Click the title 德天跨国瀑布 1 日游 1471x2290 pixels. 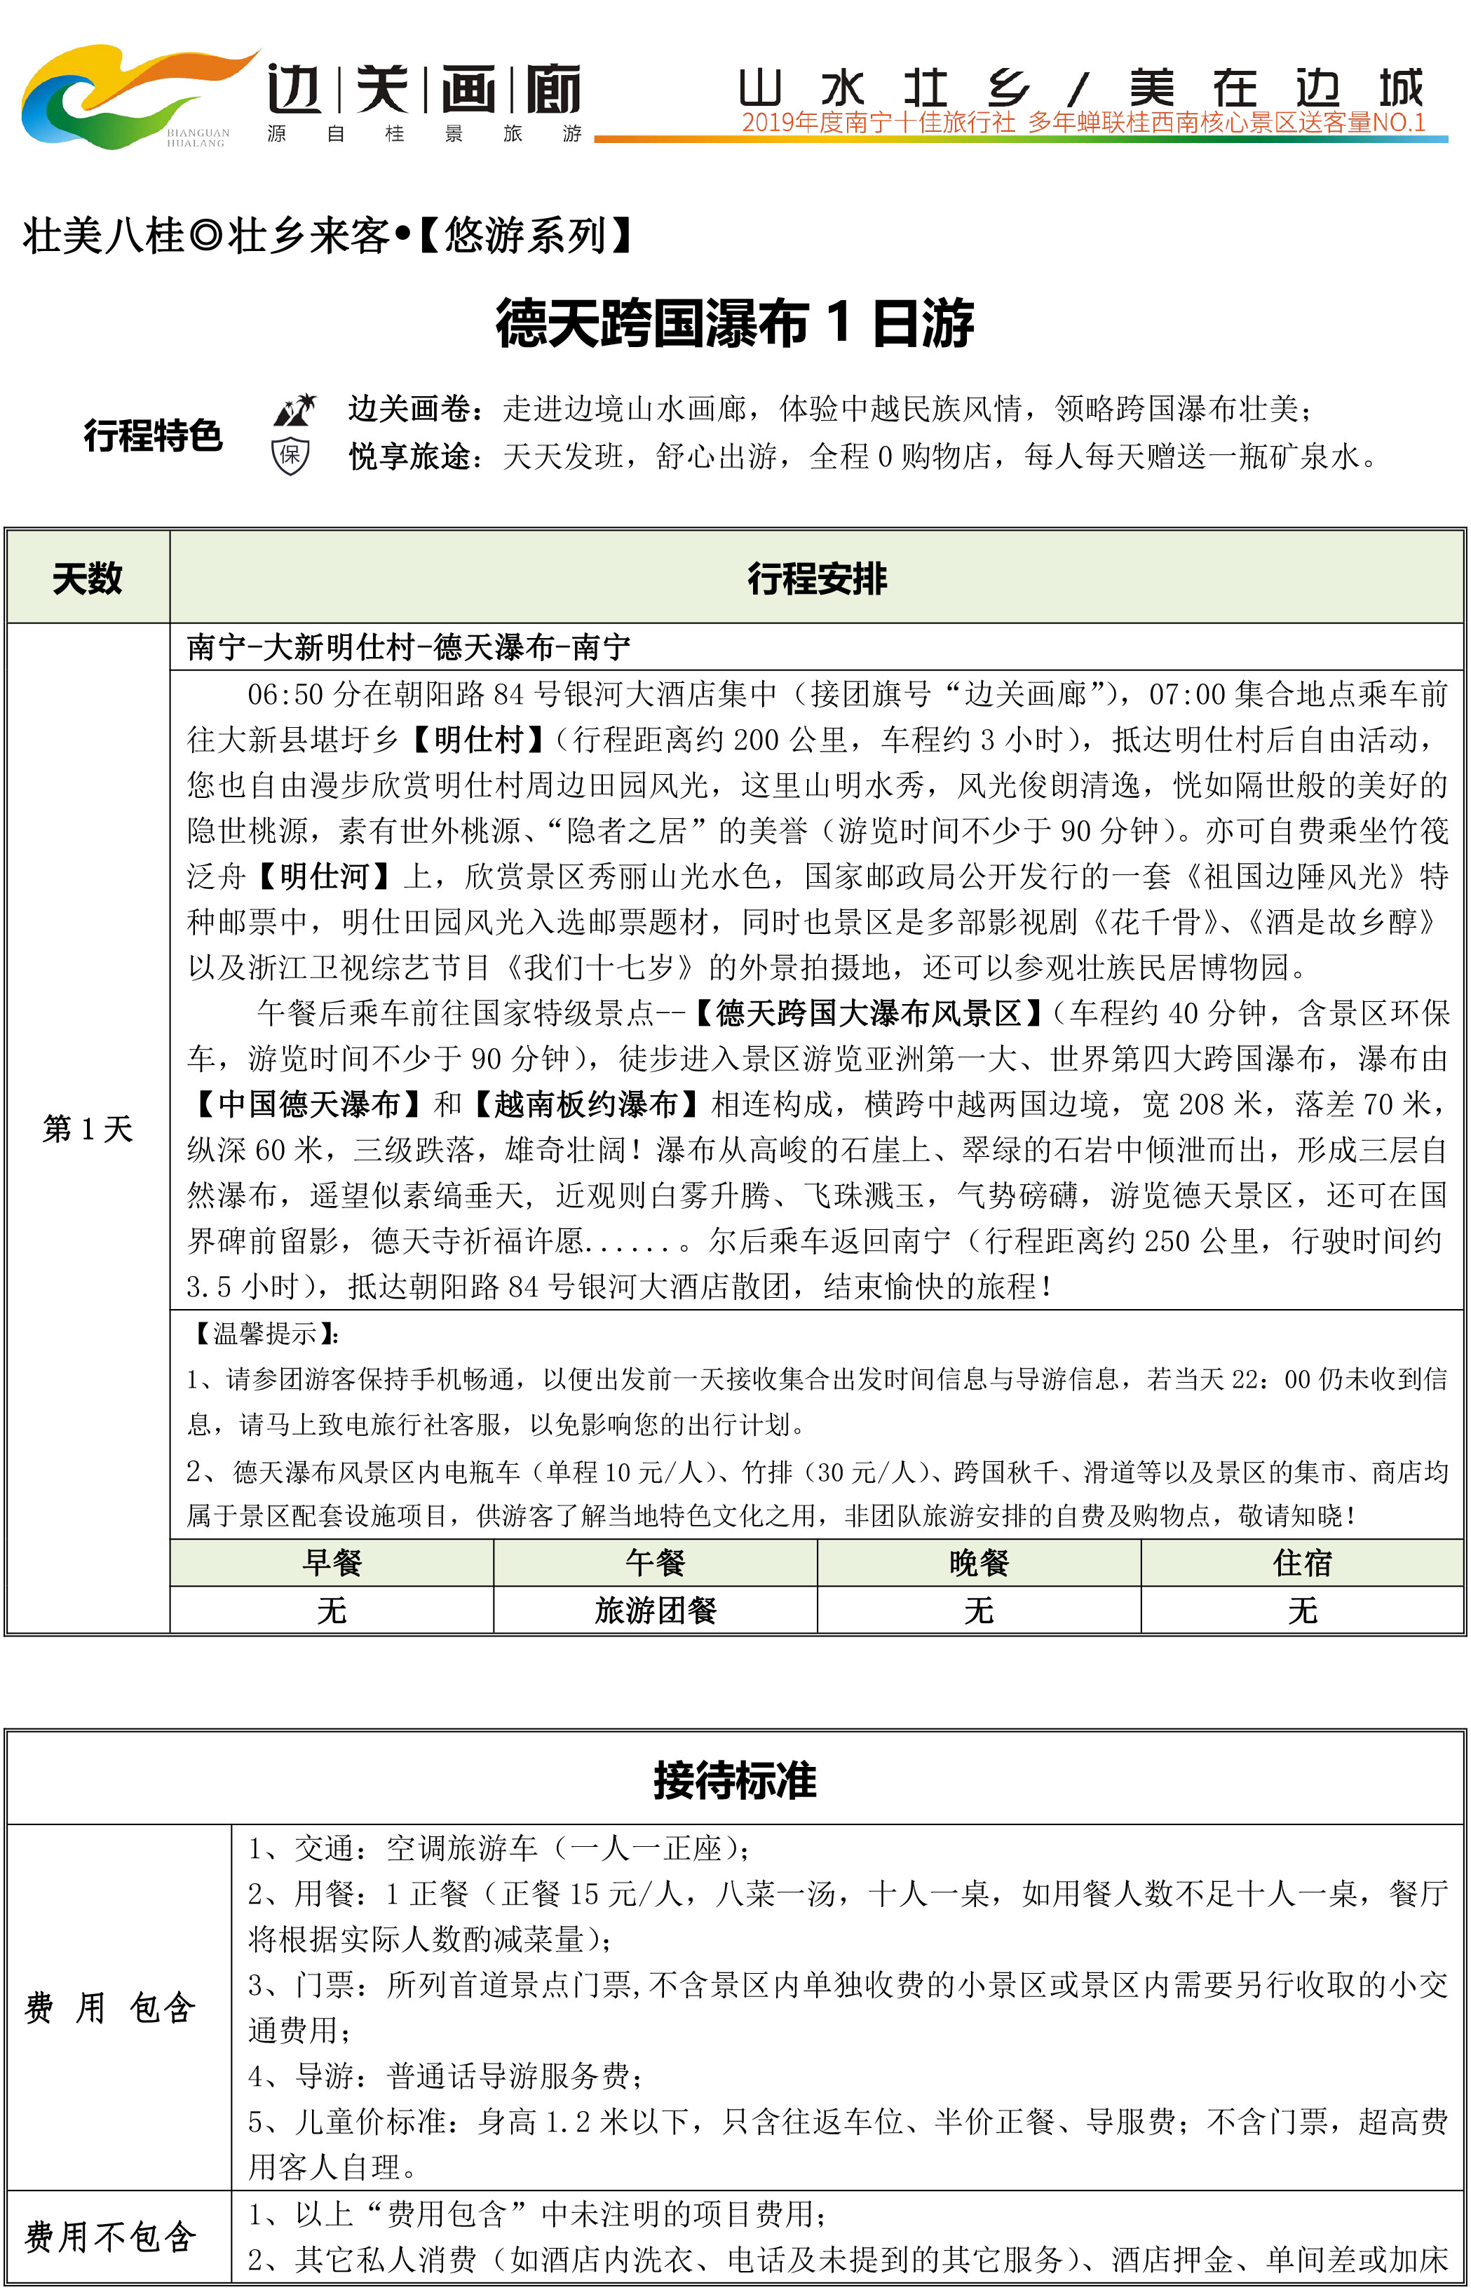(x=735, y=323)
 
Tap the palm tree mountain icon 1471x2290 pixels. (x=294, y=409)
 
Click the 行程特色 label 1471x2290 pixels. (x=153, y=435)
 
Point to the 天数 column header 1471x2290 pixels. (x=87, y=578)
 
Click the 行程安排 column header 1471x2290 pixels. (x=817, y=578)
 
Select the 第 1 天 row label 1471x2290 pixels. (x=87, y=1129)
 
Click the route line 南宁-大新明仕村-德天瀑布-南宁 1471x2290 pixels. (x=409, y=647)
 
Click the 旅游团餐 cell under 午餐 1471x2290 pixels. (x=656, y=1610)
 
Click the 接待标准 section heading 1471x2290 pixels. (x=735, y=1781)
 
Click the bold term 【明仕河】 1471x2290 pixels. (x=324, y=876)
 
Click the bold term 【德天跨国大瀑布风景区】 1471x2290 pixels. (x=867, y=1013)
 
